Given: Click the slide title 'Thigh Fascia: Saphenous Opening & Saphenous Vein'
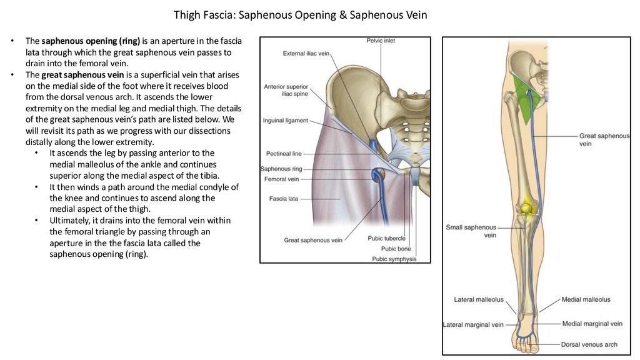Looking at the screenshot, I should click(300, 14).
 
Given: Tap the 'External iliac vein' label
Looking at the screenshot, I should click(306, 54).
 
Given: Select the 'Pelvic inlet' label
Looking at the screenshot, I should click(381, 41).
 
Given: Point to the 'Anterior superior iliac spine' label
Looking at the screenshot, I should click(286, 90).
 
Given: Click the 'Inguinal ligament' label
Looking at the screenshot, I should click(286, 121).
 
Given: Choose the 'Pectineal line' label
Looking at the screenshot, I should click(284, 153).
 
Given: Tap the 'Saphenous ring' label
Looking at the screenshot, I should click(281, 169).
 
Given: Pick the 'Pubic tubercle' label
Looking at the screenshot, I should click(386, 238).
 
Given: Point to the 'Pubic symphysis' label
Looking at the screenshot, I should click(394, 259).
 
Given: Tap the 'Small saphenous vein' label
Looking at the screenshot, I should click(471, 231).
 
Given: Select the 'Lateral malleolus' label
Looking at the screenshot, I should click(478, 300).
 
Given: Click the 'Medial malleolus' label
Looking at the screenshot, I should click(586, 300).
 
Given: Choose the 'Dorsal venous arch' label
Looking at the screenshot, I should click(589, 344).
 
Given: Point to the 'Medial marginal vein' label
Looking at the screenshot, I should click(592, 324).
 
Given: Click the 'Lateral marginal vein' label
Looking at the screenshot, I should click(473, 325).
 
